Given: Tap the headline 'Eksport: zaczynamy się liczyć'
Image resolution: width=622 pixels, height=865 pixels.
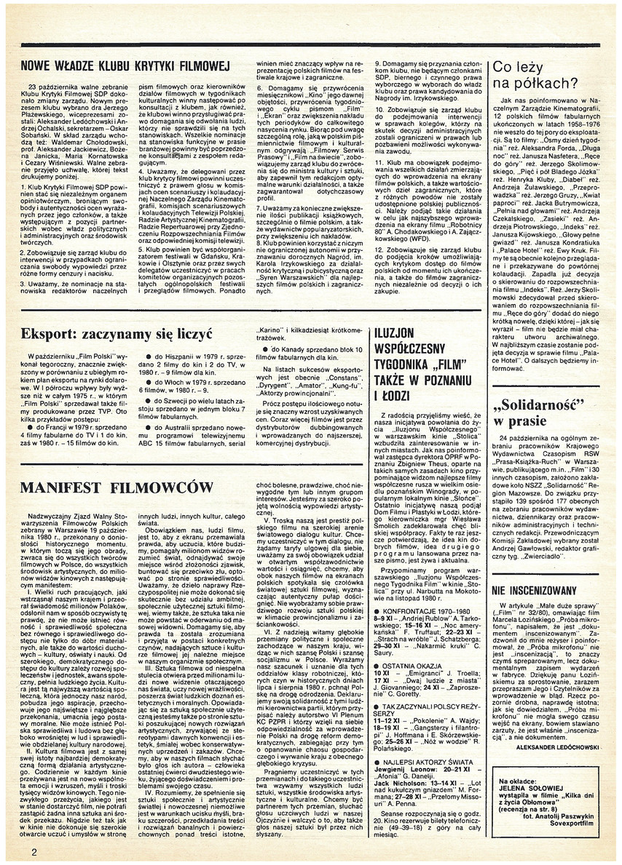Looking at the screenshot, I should pos(117,335).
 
